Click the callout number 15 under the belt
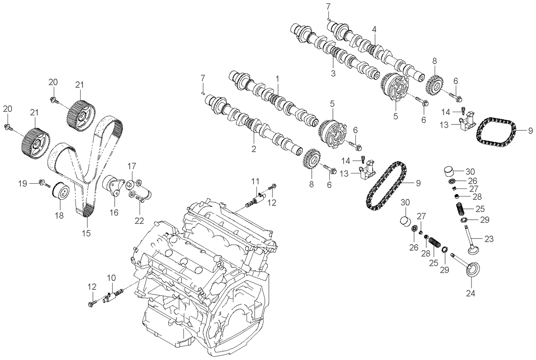(86, 233)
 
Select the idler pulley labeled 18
(61, 191)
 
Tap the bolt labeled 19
(44, 183)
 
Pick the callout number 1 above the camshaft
(278, 78)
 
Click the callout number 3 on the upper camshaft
(333, 74)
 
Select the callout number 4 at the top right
(374, 29)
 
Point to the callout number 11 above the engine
(255, 181)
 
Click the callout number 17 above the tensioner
(132, 166)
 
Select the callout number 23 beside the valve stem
(489, 239)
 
